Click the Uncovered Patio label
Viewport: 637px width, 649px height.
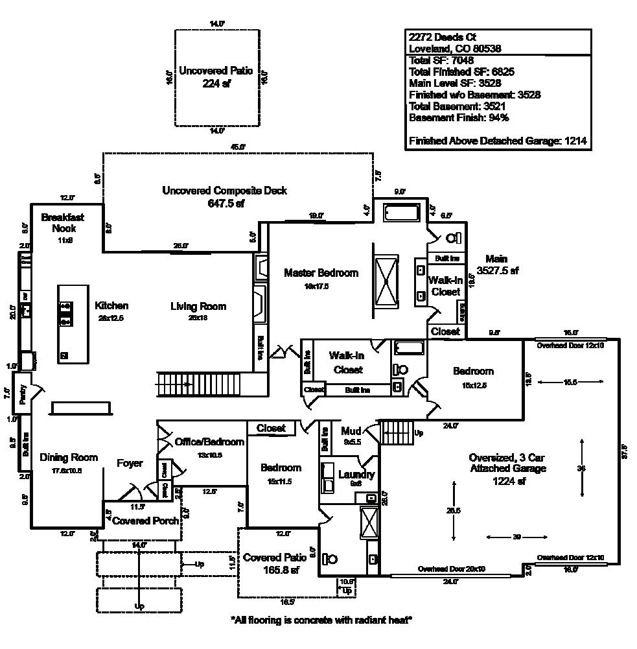point(216,71)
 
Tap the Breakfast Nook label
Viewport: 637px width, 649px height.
point(62,222)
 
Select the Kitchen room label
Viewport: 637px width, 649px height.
point(111,305)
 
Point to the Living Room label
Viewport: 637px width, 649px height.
point(198,306)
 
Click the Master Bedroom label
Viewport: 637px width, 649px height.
point(321,273)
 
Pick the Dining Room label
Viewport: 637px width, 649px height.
point(69,457)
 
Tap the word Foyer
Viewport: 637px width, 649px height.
point(130,463)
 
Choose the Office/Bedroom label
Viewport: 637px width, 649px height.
point(209,442)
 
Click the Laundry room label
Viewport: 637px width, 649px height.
point(356,475)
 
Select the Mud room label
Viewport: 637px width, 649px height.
point(351,431)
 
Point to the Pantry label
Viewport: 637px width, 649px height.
point(23,395)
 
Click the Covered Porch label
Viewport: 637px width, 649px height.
point(145,521)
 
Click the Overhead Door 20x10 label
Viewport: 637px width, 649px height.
point(451,569)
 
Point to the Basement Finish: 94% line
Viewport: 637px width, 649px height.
point(459,117)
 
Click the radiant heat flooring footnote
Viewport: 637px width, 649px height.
point(321,620)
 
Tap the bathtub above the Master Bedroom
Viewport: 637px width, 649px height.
point(402,212)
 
